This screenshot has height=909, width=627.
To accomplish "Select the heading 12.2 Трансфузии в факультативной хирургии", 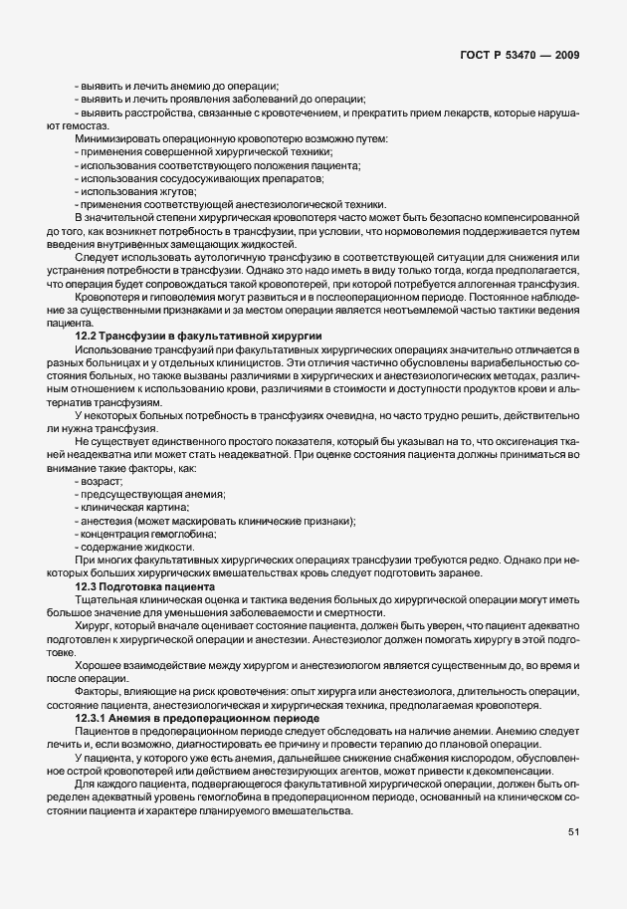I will (x=198, y=339).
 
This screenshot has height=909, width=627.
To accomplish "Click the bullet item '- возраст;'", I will (x=99, y=481).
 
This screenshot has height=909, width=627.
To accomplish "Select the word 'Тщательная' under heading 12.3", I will (x=104, y=599).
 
